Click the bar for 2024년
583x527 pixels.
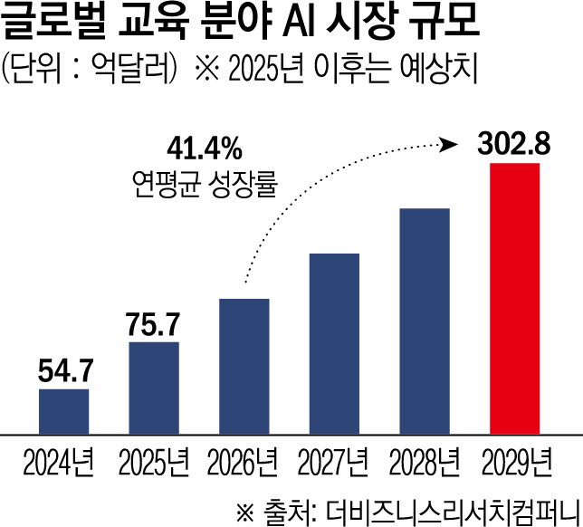[63, 412]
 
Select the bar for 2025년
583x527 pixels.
[154, 388]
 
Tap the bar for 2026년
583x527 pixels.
[244, 366]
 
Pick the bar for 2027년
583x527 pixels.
[334, 344]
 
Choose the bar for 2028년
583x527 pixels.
[425, 321]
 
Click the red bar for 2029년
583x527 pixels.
[514, 299]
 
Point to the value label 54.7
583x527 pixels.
[63, 370]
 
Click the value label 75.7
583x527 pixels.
[153, 323]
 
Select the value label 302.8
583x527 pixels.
[514, 144]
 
